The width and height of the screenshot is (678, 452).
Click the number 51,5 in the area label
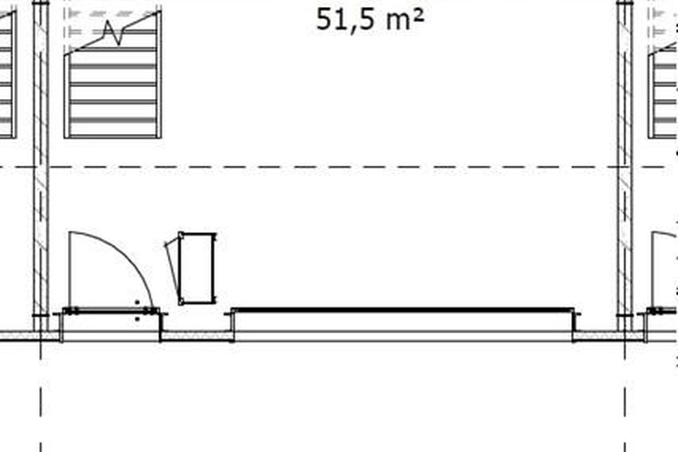346,19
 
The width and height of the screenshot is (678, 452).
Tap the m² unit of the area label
404,19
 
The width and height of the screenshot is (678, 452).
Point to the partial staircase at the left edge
7,78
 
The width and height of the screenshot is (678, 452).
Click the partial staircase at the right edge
663,87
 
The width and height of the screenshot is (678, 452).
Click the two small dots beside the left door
136,310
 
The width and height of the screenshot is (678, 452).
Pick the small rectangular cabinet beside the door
197,268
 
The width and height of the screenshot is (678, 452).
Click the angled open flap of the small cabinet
172,269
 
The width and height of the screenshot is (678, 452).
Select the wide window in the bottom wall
402,322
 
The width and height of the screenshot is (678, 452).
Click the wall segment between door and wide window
196,335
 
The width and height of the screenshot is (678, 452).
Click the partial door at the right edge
664,269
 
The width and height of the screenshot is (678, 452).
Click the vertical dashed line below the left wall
41,400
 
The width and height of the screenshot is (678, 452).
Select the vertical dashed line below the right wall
624,400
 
